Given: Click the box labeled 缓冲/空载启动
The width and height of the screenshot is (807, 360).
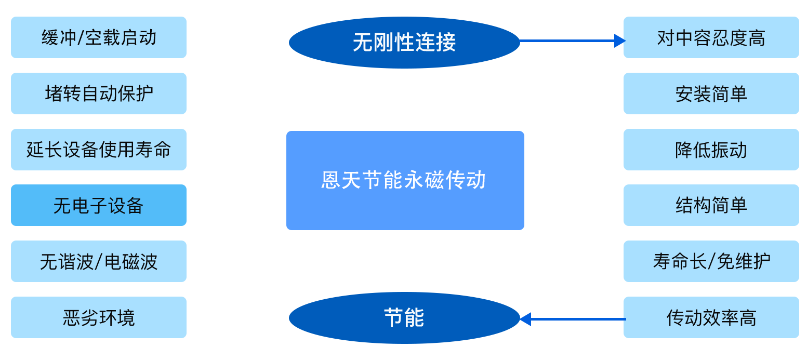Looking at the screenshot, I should (x=99, y=37).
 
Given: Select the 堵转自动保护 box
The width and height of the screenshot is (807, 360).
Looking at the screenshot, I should (x=99, y=94).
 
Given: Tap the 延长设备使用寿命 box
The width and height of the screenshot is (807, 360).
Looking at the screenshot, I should (x=99, y=150).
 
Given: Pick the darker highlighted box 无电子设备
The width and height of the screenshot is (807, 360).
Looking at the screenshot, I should (x=99, y=205).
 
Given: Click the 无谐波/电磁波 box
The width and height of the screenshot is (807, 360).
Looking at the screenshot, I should (x=99, y=261).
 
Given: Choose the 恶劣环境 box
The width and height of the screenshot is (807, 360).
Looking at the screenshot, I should (x=99, y=317).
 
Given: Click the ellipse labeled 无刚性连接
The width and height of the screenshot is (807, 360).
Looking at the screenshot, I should (x=404, y=42).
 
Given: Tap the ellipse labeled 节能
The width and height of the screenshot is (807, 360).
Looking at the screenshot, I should (x=404, y=317).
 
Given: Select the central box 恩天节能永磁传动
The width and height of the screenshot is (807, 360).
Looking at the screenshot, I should (x=405, y=180).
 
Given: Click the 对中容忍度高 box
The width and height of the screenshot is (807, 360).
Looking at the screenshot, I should (x=711, y=37).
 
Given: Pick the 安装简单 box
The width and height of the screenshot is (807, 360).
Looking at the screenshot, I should (x=711, y=94).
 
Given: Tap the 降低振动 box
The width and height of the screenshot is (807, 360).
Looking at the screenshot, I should (x=711, y=150).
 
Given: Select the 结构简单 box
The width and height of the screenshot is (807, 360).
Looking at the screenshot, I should (x=711, y=205).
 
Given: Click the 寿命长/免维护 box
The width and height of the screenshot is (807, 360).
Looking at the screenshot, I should (x=711, y=261).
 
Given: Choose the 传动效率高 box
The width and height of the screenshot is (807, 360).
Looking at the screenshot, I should (x=711, y=317).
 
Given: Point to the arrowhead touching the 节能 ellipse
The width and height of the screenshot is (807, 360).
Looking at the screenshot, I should (x=525, y=319).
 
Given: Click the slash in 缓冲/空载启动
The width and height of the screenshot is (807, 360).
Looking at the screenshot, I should (x=80, y=38).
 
